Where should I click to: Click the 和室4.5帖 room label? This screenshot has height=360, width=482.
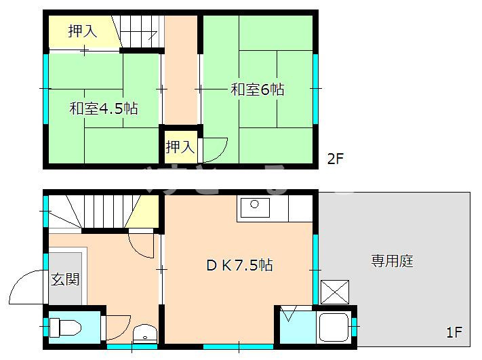pyautogui.click(x=103, y=108)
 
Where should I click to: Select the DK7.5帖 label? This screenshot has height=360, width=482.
pyautogui.click(x=239, y=265)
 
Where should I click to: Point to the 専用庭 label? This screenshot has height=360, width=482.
pyautogui.click(x=392, y=260)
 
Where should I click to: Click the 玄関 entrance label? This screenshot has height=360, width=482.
pyautogui.click(x=65, y=279)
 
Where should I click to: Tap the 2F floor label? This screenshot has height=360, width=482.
pyautogui.click(x=336, y=160)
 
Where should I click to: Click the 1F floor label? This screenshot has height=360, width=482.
pyautogui.click(x=454, y=333)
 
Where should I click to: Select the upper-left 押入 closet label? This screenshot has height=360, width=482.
pyautogui.click(x=82, y=31)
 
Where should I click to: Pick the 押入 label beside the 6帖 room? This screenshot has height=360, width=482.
pyautogui.click(x=180, y=146)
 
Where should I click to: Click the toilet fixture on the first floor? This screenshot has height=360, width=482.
pyautogui.click(x=65, y=329)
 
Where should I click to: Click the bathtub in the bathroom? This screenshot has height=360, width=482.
pyautogui.click(x=334, y=329)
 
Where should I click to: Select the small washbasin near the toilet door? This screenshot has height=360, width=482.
pyautogui.click(x=144, y=334)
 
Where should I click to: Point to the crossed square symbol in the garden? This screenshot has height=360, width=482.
pyautogui.click(x=334, y=292)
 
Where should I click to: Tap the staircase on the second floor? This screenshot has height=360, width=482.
pyautogui.click(x=138, y=31)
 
